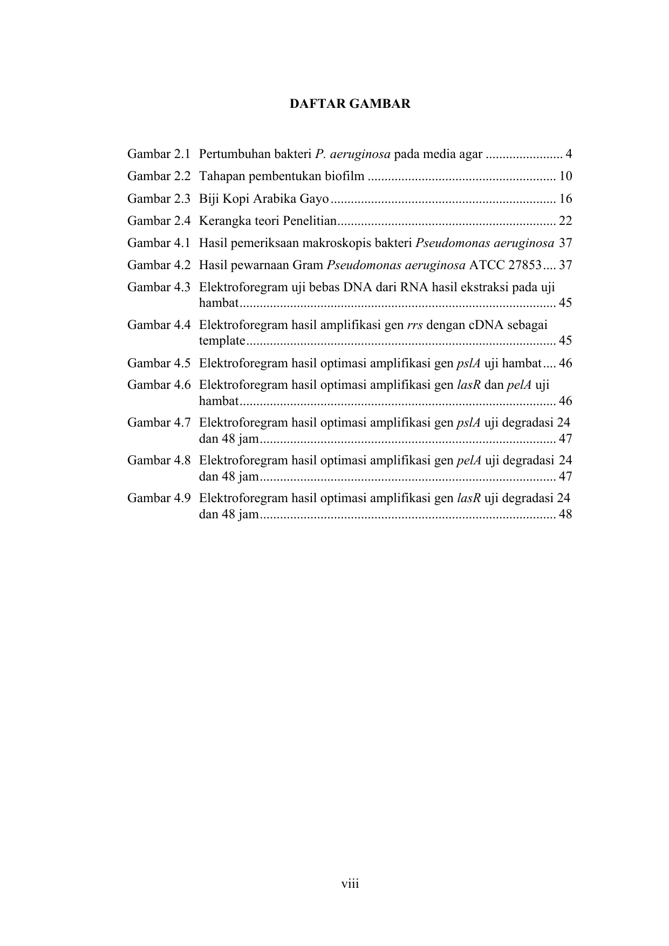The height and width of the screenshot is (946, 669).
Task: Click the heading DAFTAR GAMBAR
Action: point(350,104)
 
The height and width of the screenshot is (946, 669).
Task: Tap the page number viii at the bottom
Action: point(350,883)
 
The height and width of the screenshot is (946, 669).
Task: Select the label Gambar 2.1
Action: point(159,154)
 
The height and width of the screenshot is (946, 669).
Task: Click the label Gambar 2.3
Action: point(159,198)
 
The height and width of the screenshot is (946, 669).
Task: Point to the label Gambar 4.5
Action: point(159,363)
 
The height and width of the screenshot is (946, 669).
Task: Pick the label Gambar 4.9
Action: point(159,498)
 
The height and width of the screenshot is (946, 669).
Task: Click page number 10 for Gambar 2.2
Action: point(565,176)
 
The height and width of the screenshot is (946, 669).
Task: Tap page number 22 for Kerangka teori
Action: point(565,221)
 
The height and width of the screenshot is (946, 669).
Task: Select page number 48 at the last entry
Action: point(565,514)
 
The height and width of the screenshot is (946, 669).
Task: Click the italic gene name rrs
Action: point(414,325)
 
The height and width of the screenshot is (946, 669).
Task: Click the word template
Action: point(222,341)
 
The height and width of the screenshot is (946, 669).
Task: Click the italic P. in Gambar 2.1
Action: point(319,154)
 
